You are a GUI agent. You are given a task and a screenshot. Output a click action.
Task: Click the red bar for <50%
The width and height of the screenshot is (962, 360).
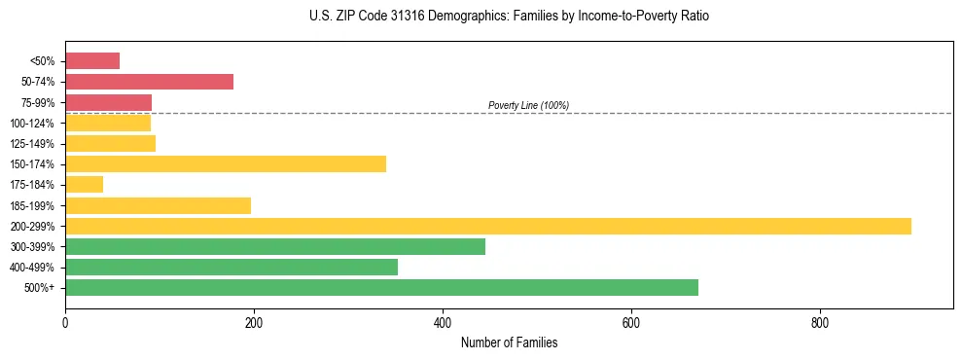click(x=92, y=61)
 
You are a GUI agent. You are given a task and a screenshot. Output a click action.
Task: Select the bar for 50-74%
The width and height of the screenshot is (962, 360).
click(x=149, y=82)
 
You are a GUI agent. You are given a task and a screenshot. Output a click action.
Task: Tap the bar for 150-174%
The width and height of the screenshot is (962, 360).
click(x=226, y=163)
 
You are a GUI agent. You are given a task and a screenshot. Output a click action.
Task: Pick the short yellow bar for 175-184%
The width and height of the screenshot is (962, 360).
click(x=84, y=185)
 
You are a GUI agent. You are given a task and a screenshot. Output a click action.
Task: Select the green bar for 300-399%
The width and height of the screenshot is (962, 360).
click(x=275, y=247)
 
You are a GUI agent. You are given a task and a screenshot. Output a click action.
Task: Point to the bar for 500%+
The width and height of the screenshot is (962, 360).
click(x=381, y=288)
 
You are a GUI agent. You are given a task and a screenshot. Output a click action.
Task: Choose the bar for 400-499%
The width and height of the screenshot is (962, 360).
click(x=232, y=268)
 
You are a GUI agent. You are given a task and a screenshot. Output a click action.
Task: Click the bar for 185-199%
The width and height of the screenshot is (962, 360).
click(x=158, y=205)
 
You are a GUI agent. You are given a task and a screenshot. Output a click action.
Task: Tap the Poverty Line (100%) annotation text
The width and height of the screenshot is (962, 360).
click(x=528, y=105)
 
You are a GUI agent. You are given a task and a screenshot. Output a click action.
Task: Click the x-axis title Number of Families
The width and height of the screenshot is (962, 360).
click(x=509, y=343)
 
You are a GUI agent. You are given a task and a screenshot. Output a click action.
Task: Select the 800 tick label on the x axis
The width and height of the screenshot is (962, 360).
click(x=820, y=322)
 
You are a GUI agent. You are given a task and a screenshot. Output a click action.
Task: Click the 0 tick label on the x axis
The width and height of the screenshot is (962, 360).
click(x=65, y=322)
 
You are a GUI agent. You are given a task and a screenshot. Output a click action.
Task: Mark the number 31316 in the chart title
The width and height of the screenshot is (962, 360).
click(x=410, y=17)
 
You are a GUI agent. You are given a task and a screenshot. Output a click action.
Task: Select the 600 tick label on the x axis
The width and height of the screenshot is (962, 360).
click(x=631, y=322)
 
